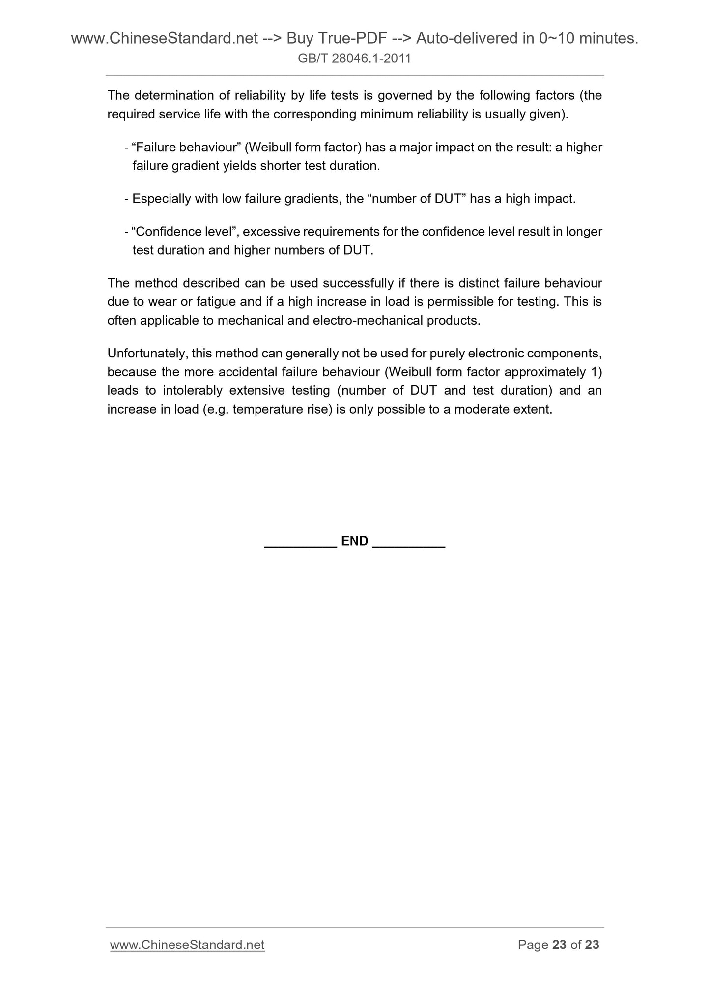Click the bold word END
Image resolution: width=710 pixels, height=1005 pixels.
pos(354,541)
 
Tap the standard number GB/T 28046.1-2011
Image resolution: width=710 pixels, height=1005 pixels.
pos(355,59)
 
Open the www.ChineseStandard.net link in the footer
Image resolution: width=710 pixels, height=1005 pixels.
pos(187,945)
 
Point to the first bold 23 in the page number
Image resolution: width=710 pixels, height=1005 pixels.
pos(559,945)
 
